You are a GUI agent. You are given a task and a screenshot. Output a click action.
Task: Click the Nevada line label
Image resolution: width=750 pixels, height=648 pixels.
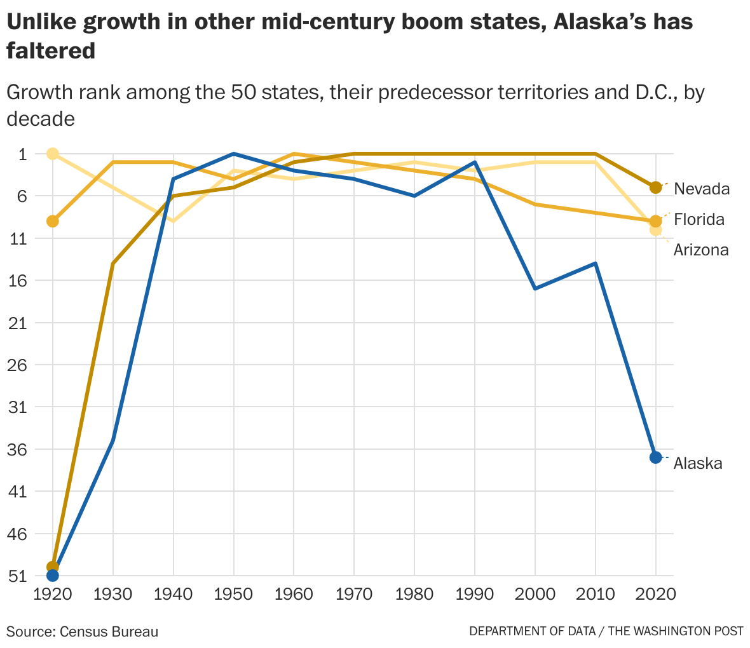[x=701, y=189]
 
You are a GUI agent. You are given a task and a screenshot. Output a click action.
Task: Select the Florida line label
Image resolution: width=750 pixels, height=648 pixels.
[x=699, y=220]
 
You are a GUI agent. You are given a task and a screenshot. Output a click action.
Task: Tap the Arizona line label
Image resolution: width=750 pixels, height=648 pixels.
[x=701, y=250]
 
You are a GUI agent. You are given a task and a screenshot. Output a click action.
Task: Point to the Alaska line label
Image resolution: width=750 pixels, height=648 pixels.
[x=698, y=464]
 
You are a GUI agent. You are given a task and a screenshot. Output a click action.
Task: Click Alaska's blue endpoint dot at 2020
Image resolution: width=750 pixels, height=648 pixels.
[x=656, y=457]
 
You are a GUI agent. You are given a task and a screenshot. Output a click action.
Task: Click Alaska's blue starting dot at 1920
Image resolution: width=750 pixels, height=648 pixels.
[x=53, y=576]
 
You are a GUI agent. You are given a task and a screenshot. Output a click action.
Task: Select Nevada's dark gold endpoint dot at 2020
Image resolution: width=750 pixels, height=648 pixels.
[x=656, y=187]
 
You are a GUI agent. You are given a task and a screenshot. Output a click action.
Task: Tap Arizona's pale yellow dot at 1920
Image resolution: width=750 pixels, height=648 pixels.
[x=53, y=154]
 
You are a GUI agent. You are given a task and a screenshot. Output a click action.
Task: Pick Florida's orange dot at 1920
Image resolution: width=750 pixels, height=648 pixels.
[x=53, y=221]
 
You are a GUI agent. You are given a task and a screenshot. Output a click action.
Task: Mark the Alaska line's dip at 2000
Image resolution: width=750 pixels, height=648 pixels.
[x=535, y=289]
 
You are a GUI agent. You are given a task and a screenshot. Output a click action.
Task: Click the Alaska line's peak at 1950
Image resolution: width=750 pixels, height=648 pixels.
[x=234, y=154]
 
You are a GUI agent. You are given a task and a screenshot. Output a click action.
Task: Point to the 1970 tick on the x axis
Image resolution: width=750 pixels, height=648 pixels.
[x=354, y=594]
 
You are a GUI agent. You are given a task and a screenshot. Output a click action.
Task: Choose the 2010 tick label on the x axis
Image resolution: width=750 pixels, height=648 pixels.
[x=596, y=594]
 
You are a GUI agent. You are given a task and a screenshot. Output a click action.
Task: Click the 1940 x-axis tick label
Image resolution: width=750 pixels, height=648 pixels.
[x=174, y=594]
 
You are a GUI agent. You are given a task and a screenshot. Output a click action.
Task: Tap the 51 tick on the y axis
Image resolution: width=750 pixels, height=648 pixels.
[x=17, y=576]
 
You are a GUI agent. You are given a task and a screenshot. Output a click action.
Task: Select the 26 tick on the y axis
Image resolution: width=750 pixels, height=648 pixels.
[x=17, y=365]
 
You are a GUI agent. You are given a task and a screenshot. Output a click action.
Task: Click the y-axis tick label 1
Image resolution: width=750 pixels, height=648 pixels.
[x=21, y=154]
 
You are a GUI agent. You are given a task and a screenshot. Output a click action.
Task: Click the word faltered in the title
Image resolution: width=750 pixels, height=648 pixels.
[x=51, y=51]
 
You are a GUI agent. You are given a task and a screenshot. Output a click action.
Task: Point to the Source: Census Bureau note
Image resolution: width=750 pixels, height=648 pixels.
[x=83, y=631]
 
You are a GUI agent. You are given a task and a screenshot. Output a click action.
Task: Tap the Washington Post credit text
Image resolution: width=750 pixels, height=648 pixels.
[x=606, y=631]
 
